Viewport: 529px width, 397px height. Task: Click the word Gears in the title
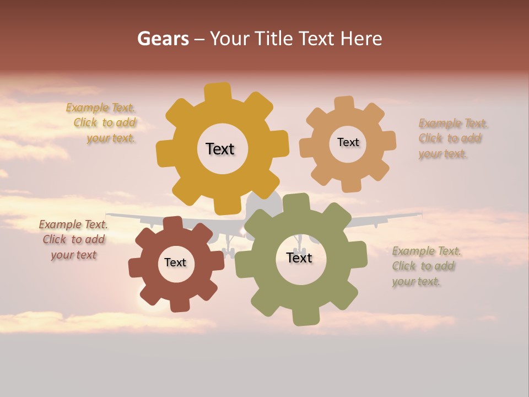click(163, 39)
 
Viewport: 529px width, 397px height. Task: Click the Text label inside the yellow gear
click(220, 149)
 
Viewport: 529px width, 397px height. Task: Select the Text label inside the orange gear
click(348, 142)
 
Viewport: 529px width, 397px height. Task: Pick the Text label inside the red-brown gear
click(175, 262)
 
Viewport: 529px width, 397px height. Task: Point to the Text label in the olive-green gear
click(299, 257)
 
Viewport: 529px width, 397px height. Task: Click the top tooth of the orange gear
click(344, 104)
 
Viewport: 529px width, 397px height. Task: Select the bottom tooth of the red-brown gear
click(180, 304)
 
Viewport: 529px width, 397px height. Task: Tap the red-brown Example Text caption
click(73, 239)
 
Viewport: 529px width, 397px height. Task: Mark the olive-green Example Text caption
click(425, 266)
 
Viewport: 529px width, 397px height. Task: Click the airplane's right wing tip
click(420, 214)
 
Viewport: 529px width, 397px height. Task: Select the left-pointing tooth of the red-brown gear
click(136, 267)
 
